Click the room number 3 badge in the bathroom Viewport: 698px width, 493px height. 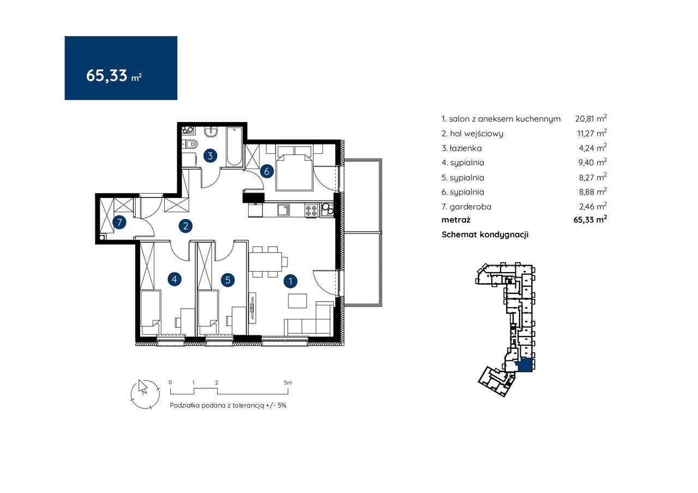point(210,156)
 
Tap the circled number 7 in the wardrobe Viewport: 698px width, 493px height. point(119,223)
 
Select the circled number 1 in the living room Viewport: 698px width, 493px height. point(291,281)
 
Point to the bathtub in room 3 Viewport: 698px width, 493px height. point(234,147)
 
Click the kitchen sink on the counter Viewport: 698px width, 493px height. point(284,209)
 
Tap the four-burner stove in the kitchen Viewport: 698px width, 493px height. point(311,209)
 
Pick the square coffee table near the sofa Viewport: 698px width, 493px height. point(297,300)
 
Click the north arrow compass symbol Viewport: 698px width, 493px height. point(145,394)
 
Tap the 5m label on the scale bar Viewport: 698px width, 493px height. point(288,382)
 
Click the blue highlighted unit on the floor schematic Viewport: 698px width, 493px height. point(525,365)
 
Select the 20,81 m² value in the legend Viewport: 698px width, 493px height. point(591,118)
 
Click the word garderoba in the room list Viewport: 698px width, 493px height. point(470,207)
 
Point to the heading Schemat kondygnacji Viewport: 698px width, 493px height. point(485,235)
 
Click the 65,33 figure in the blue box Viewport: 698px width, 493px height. point(106,75)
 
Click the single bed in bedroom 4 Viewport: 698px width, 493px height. point(151,312)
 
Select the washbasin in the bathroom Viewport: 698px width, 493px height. point(211,132)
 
